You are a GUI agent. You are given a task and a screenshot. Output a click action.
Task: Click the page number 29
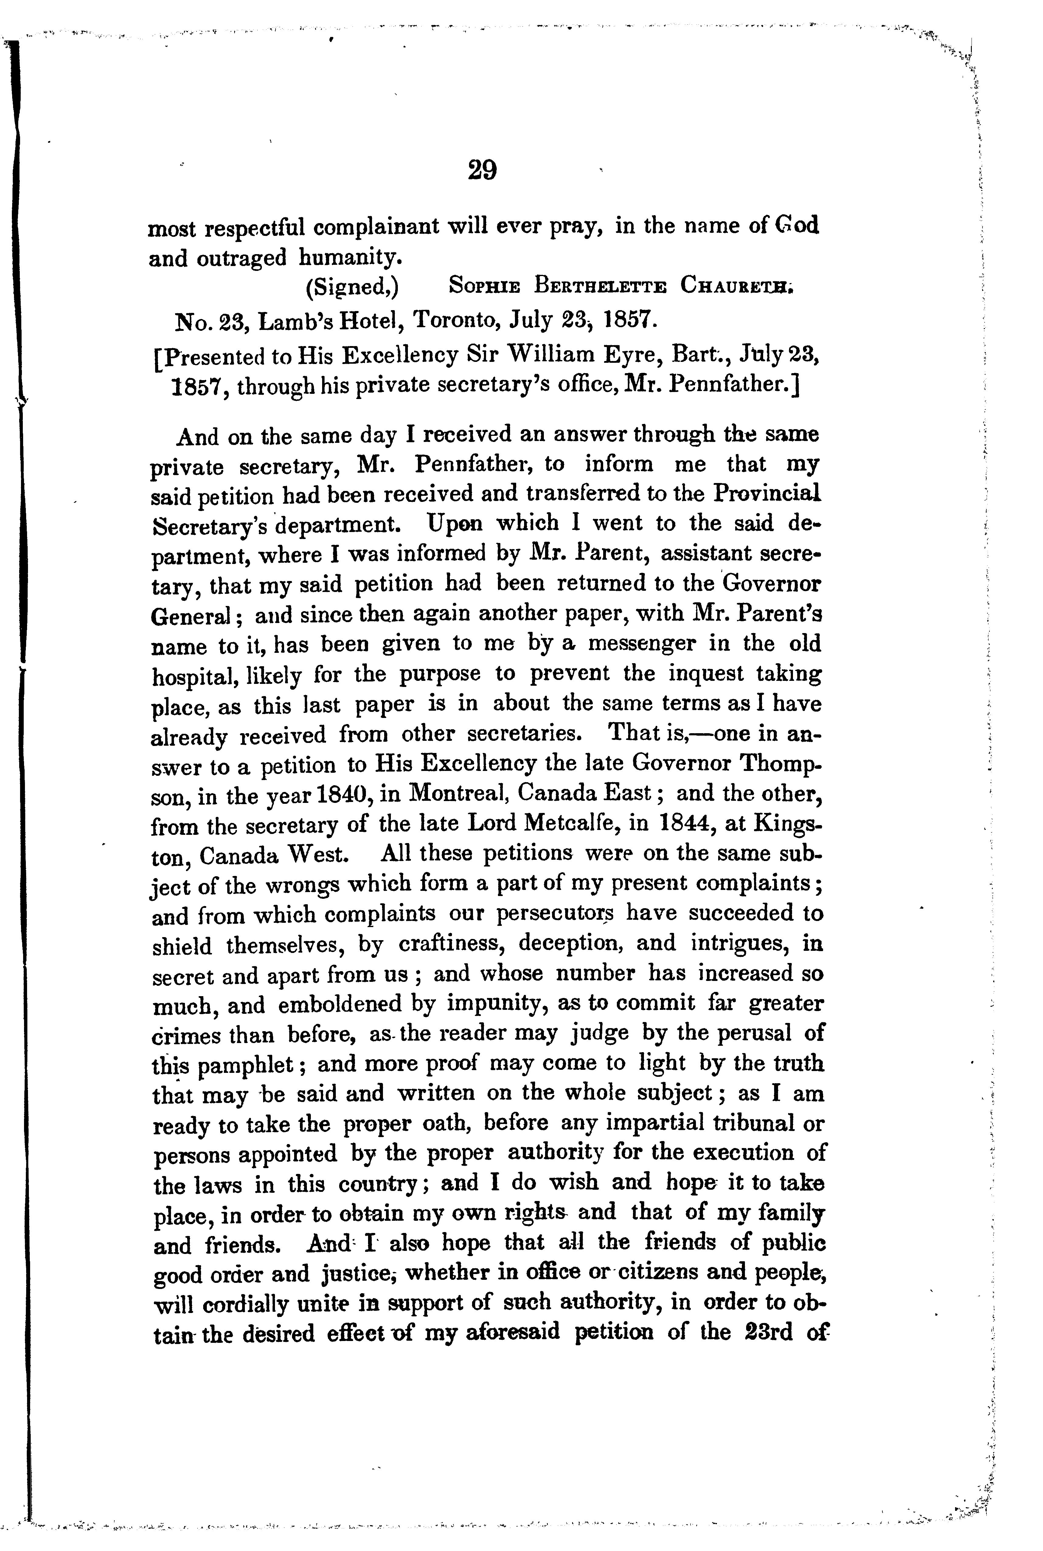click(x=482, y=170)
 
